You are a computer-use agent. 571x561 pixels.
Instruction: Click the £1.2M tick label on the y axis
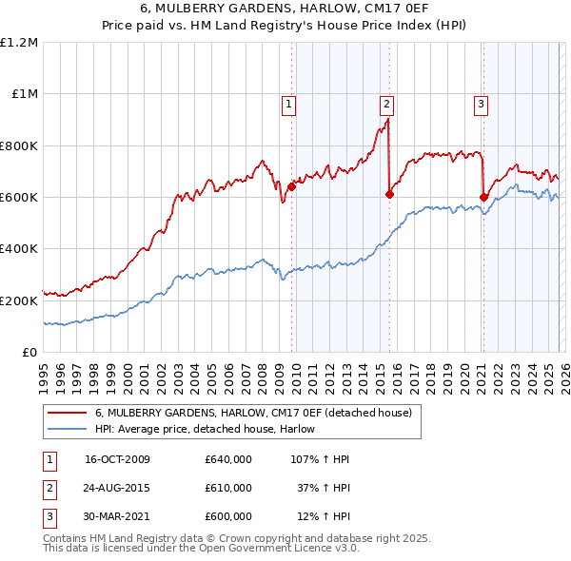click(19, 43)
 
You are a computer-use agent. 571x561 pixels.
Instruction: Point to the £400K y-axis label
click(19, 249)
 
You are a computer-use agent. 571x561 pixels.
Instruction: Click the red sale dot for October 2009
click(291, 186)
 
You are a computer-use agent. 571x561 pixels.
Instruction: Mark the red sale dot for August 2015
click(389, 194)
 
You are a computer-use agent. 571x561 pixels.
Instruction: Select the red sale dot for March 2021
click(483, 197)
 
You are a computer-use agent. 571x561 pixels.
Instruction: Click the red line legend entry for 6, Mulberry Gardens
click(252, 414)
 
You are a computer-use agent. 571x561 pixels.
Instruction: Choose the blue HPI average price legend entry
click(210, 430)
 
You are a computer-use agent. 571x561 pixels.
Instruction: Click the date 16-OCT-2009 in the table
click(117, 460)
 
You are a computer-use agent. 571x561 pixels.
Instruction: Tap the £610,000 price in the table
click(228, 488)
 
